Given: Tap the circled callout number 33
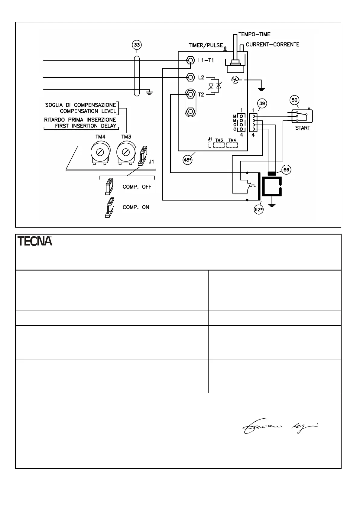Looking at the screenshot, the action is tap(137, 45).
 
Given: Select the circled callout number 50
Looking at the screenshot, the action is tap(294, 100).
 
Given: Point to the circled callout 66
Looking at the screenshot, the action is tap(286, 170).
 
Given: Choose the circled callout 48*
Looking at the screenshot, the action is tap(188, 160).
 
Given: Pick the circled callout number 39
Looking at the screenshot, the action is tap(262, 104).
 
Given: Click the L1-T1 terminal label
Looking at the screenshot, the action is tap(206, 60).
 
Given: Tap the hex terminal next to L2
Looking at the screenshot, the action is tap(190, 77).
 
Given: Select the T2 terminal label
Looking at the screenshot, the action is tap(201, 95).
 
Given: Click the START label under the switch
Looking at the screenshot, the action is tap(303, 128).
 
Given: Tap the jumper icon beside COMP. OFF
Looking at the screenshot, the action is tap(109, 186).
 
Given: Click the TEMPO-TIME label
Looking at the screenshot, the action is tap(255, 34).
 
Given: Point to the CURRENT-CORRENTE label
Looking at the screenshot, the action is tap(272, 45).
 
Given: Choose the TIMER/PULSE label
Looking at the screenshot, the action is tap(206, 46).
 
